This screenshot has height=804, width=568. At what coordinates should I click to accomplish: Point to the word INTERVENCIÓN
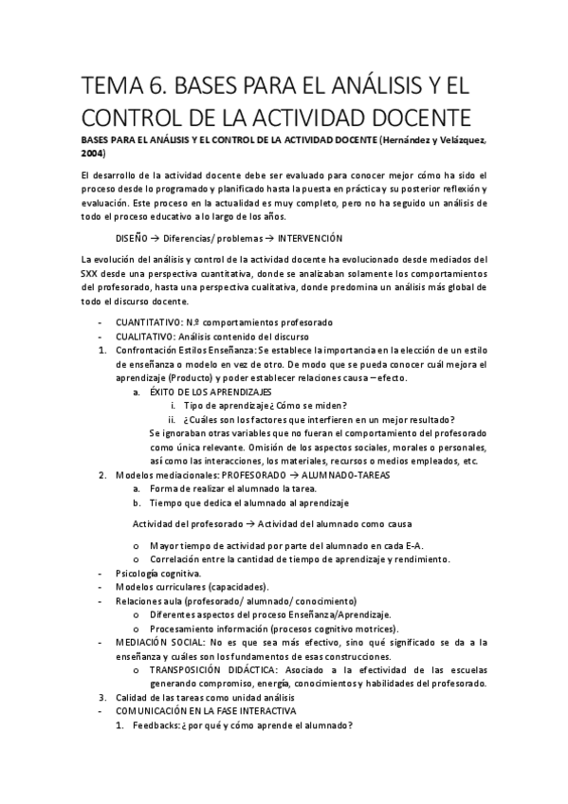303,239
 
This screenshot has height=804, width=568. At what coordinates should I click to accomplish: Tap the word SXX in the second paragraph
94,274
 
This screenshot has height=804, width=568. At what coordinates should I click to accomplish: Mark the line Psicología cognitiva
157,574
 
